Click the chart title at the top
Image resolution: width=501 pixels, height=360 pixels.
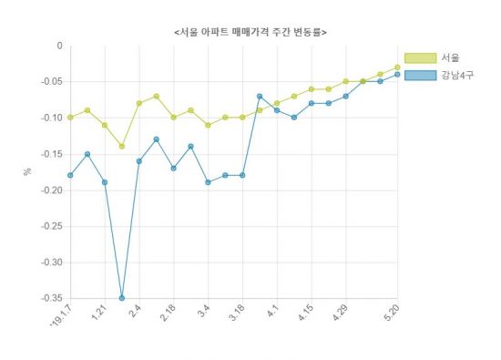250,32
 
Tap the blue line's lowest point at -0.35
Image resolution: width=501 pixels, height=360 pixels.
122,298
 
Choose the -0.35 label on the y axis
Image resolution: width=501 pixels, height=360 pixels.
49,298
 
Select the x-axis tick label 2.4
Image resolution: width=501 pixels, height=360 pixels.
134,312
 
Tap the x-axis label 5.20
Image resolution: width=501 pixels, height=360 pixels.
392,312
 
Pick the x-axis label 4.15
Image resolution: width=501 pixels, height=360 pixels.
306,313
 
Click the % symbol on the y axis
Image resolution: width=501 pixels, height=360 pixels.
28,171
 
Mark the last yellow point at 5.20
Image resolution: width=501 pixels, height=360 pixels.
397,67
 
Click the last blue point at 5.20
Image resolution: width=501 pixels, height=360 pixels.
397,75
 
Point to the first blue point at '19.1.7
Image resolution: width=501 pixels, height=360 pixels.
70,175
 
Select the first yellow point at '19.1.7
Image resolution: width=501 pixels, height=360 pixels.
70,118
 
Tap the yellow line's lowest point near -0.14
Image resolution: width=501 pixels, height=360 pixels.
122,146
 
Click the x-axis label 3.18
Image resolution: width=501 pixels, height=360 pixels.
237,313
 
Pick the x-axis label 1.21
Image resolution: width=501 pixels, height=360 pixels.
99,313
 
